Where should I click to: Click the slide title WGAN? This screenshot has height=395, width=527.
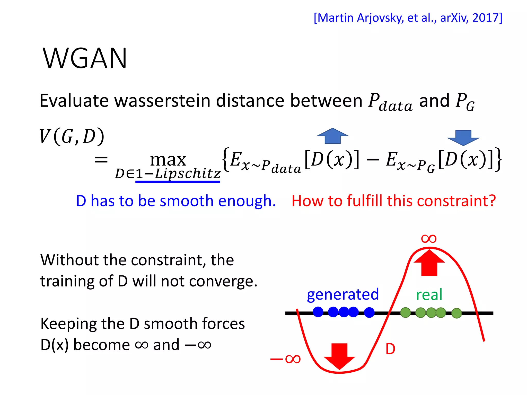pos(85,59)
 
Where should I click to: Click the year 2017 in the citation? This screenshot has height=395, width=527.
pos(485,18)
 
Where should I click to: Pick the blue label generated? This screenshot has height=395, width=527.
pos(343,294)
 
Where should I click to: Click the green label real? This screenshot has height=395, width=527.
pos(429,295)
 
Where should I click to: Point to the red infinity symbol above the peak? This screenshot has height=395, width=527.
pos(429,239)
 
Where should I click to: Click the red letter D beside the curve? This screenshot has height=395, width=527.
pos(390,349)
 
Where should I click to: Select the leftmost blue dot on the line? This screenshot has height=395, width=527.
pos(318,312)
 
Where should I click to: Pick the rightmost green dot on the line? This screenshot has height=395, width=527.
pos(456,313)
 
